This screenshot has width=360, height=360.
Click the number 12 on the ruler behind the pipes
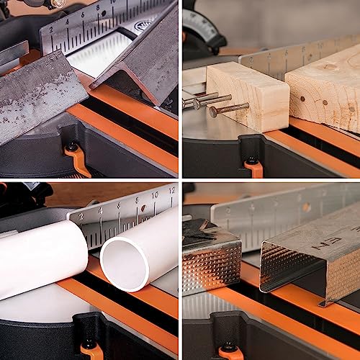tap(171, 191)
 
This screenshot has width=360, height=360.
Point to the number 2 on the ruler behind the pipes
tap(80, 215)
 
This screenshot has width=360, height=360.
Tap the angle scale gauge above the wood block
tap(216, 22)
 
